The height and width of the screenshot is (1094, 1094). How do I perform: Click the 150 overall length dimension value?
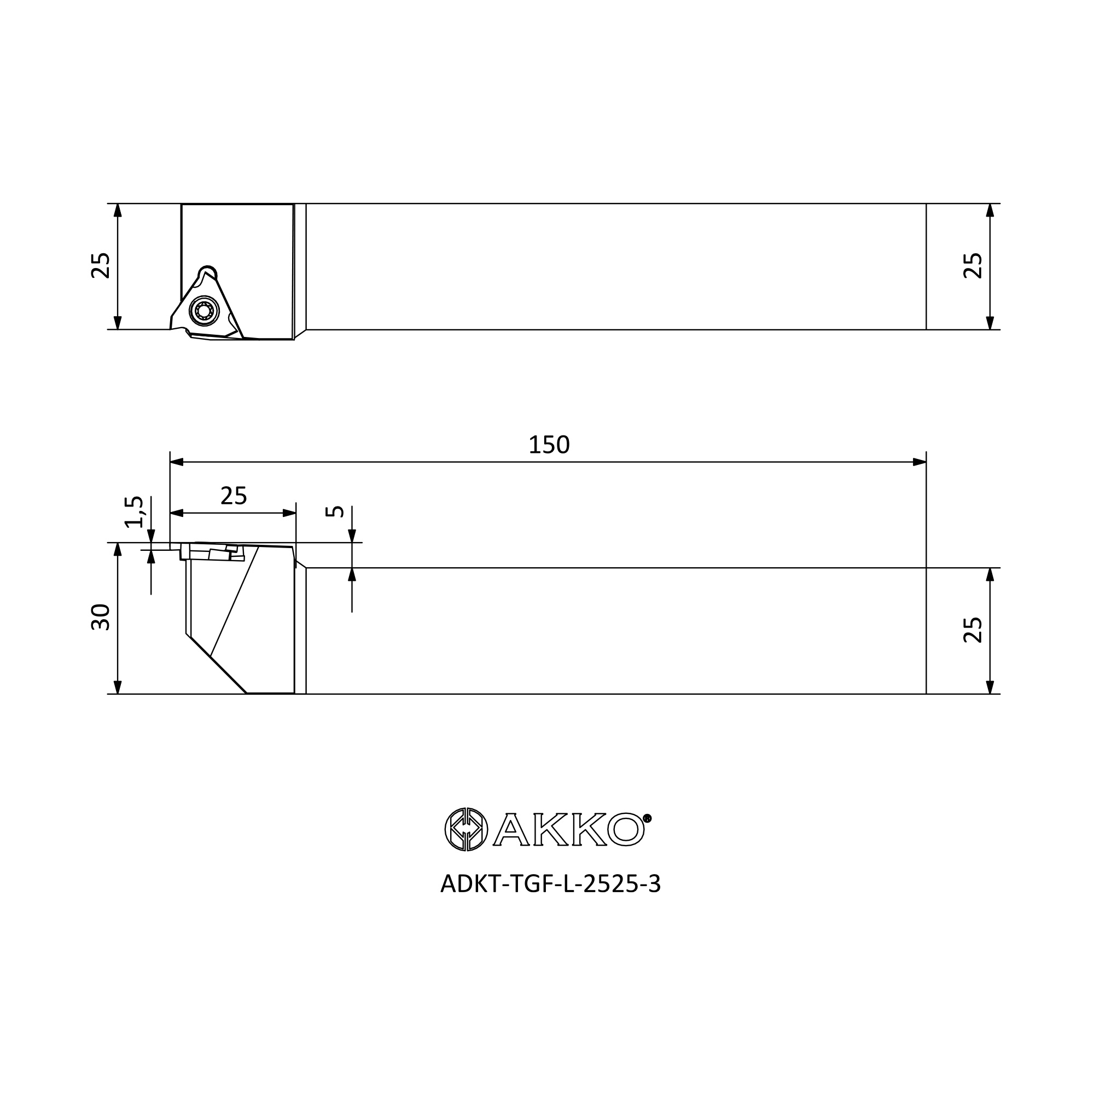(x=549, y=445)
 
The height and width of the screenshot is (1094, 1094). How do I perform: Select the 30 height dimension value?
(x=101, y=617)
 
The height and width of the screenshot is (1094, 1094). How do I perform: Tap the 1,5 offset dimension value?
(x=134, y=512)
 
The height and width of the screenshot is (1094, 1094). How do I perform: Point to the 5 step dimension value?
(x=335, y=511)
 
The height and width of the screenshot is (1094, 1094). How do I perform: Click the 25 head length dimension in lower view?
(x=234, y=496)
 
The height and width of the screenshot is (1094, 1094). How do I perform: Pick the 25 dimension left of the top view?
(x=101, y=266)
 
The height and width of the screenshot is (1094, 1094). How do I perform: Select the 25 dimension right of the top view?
(x=973, y=266)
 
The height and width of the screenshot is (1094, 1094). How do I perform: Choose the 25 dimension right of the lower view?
(x=973, y=630)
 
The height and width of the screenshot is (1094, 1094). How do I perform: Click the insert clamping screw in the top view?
(x=204, y=310)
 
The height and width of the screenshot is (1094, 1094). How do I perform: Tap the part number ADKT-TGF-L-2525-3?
(x=550, y=884)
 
